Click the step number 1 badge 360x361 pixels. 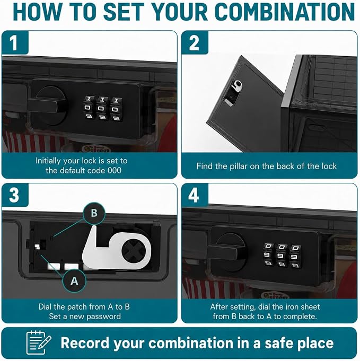15,42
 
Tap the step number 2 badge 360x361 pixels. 195,42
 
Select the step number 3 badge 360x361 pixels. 15,195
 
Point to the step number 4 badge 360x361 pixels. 195,195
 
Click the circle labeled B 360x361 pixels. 94,213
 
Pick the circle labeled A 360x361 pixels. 74,281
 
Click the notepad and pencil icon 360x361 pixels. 39,342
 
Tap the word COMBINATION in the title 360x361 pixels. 285,12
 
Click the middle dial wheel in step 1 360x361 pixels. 102,108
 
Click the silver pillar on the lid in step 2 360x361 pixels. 236,86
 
